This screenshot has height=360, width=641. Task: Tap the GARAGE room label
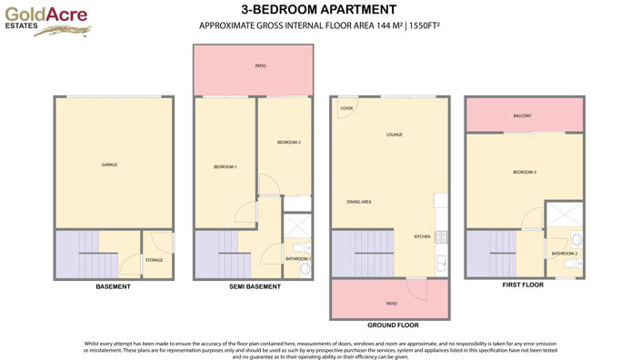[x=109, y=165]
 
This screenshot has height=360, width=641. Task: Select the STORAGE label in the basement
[x=154, y=260]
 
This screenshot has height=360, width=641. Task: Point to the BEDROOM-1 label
[x=225, y=166]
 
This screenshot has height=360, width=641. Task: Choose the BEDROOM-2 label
[x=288, y=143]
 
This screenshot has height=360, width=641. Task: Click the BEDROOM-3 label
[x=524, y=172]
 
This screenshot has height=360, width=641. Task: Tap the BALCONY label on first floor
[x=522, y=115]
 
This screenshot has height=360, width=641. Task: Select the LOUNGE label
[x=394, y=135]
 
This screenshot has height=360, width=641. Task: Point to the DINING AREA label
[x=359, y=202]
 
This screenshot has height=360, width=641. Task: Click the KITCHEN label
[x=422, y=236]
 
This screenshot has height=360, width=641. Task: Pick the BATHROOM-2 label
[x=564, y=253]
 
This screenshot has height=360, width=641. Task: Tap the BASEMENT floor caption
[x=113, y=287]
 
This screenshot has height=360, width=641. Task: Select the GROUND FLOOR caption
[x=392, y=325]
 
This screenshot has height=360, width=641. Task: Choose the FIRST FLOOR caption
[x=522, y=285]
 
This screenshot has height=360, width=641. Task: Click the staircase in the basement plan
[x=85, y=255]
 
